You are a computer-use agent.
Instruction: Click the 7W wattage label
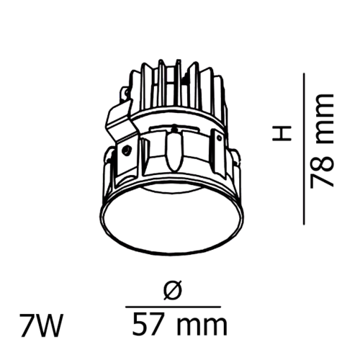[x=41, y=325]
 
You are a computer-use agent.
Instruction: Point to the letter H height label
[x=282, y=132]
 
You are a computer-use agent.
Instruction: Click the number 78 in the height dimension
[x=322, y=171]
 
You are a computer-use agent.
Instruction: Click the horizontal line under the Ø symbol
[x=173, y=307]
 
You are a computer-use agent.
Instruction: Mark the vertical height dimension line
[x=304, y=149]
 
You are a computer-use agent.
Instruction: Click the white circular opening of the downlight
[x=172, y=219]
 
